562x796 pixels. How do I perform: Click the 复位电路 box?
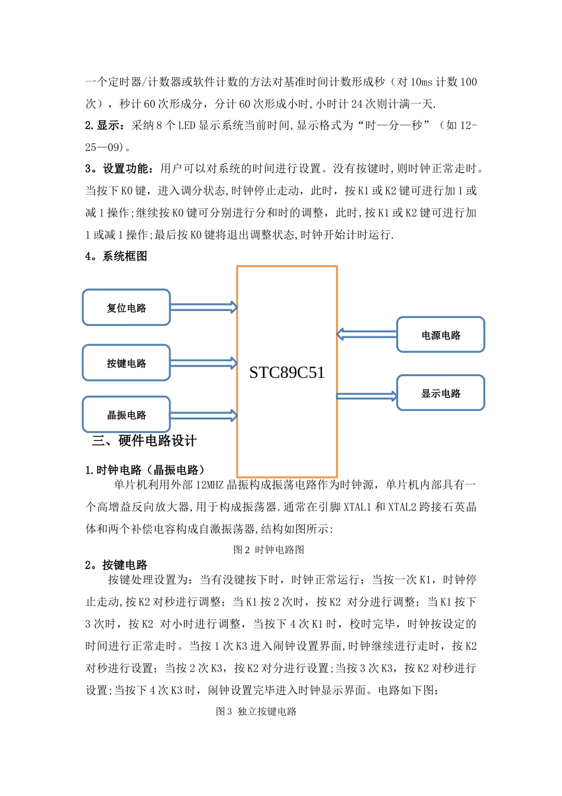(126, 307)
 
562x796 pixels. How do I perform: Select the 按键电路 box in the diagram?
(126, 362)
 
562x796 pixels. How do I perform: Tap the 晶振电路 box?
(126, 415)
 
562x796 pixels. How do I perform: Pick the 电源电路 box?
(441, 335)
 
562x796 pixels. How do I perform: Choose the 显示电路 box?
(441, 393)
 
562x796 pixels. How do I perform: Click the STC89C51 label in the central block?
(287, 373)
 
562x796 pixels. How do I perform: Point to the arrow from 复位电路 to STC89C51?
(204, 307)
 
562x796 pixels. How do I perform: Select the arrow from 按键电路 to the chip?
(204, 362)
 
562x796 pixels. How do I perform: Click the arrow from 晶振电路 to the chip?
(204, 415)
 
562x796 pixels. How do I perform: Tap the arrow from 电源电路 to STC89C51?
(367, 335)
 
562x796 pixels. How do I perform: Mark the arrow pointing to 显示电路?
(367, 396)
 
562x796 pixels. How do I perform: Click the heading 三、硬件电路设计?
(144, 441)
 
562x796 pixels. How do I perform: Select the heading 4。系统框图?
(116, 256)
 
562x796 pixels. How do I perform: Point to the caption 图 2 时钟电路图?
(269, 550)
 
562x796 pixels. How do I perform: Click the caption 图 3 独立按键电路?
(256, 711)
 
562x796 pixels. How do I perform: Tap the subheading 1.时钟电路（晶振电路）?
(146, 470)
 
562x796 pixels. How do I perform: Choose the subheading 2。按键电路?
(116, 565)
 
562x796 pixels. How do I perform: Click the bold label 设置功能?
(125, 169)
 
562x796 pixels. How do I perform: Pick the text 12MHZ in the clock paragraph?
(210, 485)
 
